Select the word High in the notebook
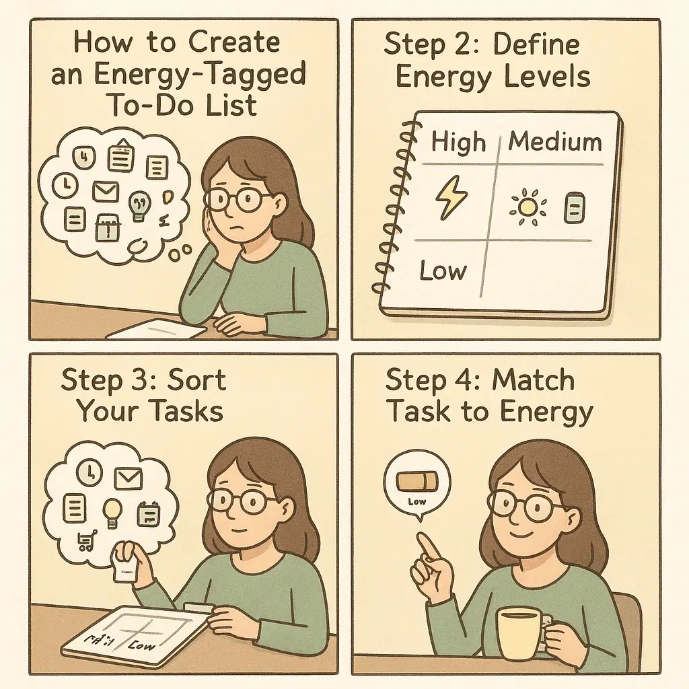pyautogui.click(x=458, y=143)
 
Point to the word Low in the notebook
pyautogui.click(x=442, y=270)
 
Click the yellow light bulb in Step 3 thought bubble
pyautogui.click(x=112, y=512)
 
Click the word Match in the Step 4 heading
pyautogui.click(x=533, y=381)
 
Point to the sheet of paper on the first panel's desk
pyautogui.click(x=156, y=328)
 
